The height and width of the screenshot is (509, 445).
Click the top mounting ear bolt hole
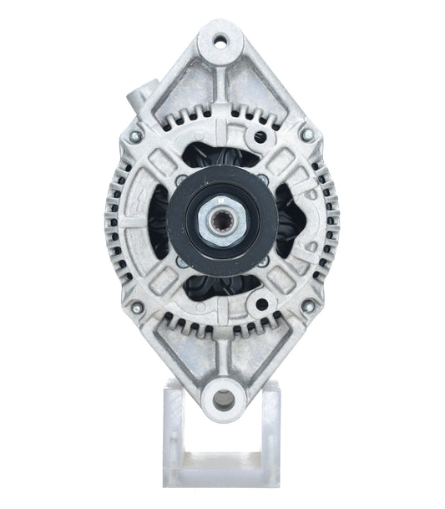click(222, 39)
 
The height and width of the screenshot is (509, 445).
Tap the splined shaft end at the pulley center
click(223, 221)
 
